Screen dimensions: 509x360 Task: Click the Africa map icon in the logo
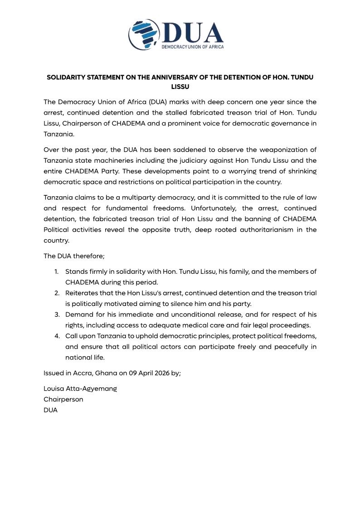(144, 34)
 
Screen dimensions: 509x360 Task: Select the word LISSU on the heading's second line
(180, 86)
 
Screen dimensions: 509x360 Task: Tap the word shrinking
(301, 171)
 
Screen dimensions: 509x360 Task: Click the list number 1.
(57, 271)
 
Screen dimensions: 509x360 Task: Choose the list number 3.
(57, 315)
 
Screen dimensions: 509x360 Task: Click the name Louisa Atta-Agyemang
(80, 389)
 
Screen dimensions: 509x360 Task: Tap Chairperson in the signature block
(63, 399)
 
